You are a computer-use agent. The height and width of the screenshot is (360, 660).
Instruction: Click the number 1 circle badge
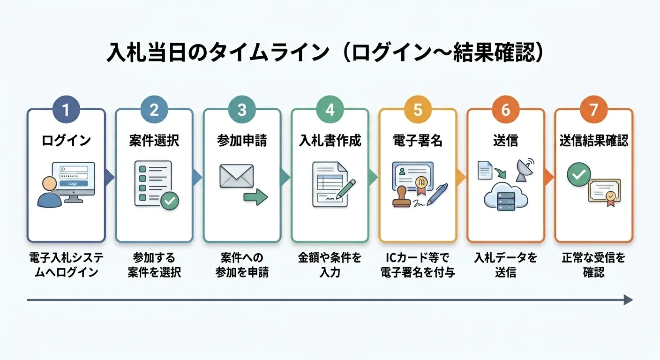(x=66, y=110)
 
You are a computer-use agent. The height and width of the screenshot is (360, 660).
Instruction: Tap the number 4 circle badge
(x=330, y=110)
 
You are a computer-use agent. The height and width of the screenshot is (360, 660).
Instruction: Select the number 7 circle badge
(x=594, y=110)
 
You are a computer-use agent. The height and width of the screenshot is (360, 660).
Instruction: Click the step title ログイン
(x=66, y=141)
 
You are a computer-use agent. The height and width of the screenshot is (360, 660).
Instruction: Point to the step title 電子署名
(x=418, y=141)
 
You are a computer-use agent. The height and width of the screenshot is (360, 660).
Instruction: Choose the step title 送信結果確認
(x=594, y=141)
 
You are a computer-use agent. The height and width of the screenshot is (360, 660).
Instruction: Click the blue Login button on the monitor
(x=74, y=183)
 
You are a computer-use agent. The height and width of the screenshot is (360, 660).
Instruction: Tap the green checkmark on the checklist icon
(x=170, y=201)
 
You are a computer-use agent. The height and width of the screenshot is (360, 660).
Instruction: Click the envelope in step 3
(x=236, y=176)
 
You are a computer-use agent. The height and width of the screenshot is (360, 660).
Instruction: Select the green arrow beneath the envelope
(x=255, y=197)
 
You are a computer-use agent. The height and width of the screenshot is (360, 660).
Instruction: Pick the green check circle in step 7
(x=579, y=175)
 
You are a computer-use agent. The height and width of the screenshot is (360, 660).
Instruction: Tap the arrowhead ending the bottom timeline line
(x=628, y=300)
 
